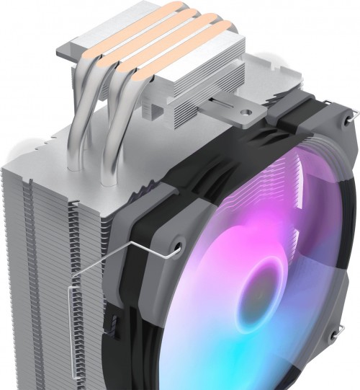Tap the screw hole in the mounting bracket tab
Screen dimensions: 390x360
pyautogui.click(x=248, y=113)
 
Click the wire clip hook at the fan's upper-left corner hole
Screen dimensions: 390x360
pyautogui.click(x=175, y=249)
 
